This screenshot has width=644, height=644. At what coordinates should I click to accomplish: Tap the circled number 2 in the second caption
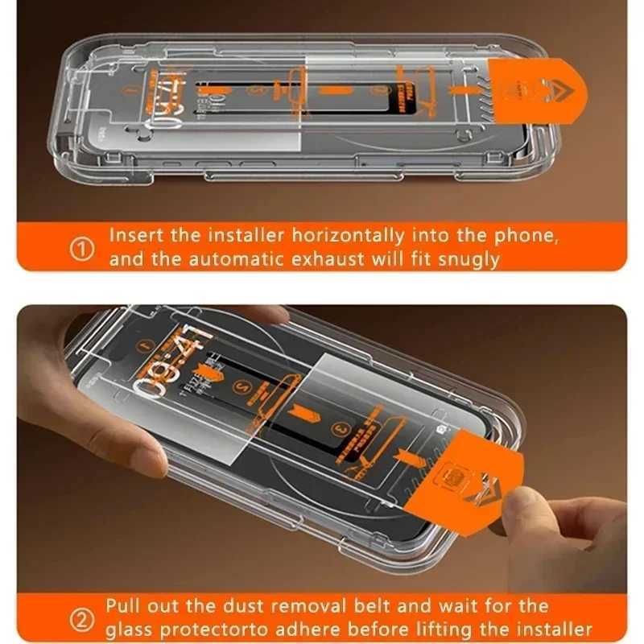click(83, 617)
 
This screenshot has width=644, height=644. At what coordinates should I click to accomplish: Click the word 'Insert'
click(136, 237)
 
